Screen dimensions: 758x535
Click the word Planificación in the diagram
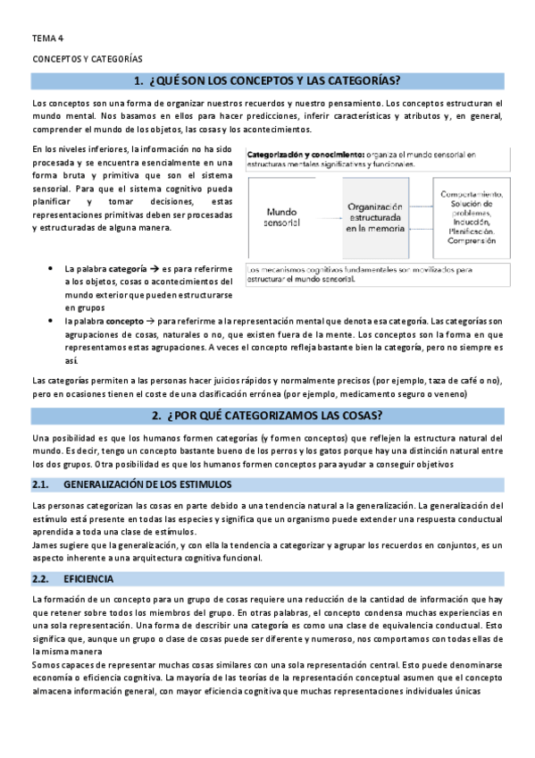tap(471, 231)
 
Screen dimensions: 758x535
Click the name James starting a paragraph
tap(44, 545)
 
